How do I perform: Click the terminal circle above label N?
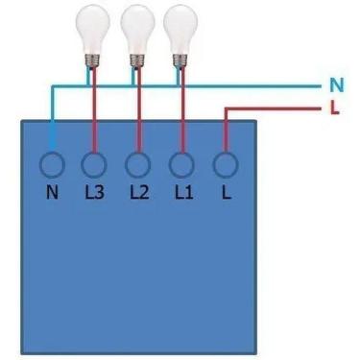point(51,164)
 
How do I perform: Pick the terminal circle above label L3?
point(93,164)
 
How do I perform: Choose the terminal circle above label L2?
point(138,164)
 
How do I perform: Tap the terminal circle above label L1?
point(182,164)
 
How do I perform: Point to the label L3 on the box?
point(94,191)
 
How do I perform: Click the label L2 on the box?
point(138,191)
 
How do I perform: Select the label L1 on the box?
point(182,191)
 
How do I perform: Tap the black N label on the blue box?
point(51,191)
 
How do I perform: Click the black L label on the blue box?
point(226,191)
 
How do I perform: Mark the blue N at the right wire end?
point(334,84)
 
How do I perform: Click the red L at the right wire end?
point(334,107)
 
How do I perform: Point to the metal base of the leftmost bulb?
point(93,58)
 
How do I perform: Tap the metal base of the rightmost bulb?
point(179,58)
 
